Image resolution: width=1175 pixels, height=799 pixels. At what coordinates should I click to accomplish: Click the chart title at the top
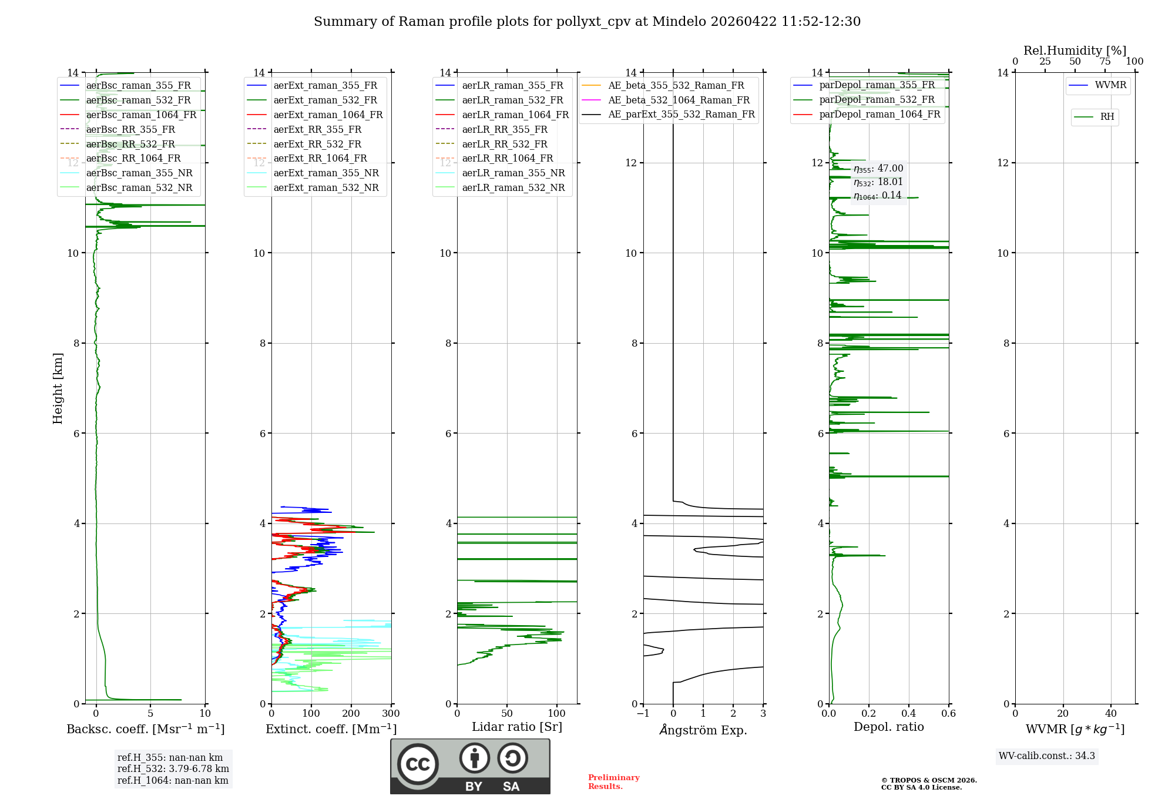pos(587,22)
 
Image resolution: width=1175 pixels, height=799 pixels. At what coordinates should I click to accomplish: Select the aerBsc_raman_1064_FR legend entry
pos(141,115)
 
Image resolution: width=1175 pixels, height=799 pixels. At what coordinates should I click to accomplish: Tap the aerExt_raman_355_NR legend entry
pos(326,173)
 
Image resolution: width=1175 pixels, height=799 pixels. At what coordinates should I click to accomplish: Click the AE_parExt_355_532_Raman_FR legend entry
pos(681,114)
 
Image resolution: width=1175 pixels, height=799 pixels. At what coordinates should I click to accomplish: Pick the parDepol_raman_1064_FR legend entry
pos(879,114)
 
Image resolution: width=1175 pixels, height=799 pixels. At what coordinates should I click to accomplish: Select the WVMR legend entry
pos(1110,85)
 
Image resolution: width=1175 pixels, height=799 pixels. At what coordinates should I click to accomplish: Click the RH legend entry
pos(1107,117)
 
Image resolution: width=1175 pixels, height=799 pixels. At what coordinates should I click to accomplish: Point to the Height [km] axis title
pos(58,388)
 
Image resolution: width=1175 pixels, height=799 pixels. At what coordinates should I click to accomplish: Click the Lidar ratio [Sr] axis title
pos(517,727)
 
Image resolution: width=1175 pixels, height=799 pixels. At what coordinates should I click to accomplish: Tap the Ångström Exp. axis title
pos(703,730)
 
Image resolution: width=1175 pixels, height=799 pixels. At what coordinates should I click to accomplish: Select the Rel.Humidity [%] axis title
pos(1075,51)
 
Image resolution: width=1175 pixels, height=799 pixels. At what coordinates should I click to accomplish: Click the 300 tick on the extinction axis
pos(391,714)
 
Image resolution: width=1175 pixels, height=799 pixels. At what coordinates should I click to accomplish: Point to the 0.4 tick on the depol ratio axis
pos(909,714)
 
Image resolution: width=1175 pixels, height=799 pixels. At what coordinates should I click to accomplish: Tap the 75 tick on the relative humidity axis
pos(1105,62)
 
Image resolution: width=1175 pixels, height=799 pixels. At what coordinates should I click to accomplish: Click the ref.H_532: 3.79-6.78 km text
pos(173,768)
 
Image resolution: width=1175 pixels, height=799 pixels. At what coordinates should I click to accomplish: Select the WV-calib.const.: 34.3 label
pos(1047,756)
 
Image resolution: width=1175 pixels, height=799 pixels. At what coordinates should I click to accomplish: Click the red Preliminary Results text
pos(613,782)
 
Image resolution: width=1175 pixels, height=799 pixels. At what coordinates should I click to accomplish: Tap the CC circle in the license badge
pos(418,764)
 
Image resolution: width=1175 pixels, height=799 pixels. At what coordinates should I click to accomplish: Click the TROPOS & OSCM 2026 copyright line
pos(929,780)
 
